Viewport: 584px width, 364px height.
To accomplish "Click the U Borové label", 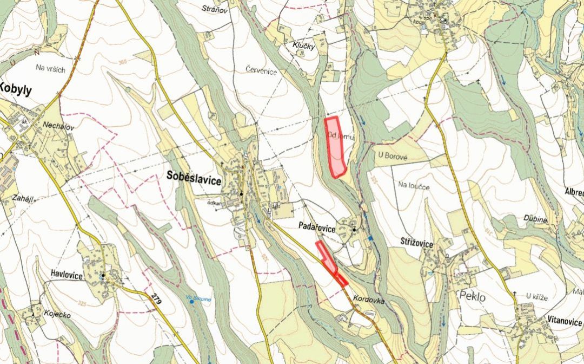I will pos(389,155).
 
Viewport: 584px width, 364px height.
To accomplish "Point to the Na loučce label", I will pos(414,185).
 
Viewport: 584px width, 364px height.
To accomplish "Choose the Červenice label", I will pos(261,70).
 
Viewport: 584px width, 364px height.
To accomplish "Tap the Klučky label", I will pos(304,47).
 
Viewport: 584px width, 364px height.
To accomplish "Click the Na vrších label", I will pos(50,68).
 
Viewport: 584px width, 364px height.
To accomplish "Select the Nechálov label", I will pos(58,125).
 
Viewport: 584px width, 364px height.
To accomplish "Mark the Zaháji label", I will pos(19,199).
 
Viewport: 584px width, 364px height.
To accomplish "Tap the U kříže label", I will pos(536,296).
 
